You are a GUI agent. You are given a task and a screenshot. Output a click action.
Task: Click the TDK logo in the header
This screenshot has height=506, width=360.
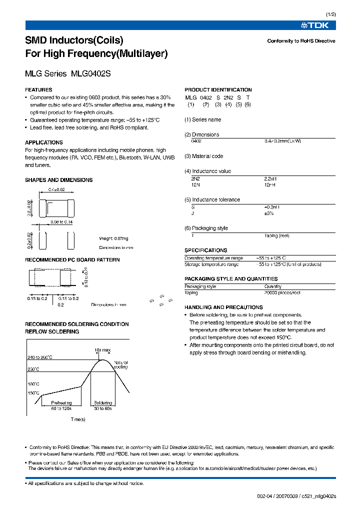[x=318, y=25]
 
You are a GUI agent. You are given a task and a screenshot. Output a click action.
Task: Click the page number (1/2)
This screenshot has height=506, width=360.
[x=331, y=15]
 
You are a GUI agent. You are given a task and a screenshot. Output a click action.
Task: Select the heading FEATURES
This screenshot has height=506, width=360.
[x=38, y=89]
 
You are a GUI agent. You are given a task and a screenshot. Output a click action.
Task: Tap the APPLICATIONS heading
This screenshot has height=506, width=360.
[x=43, y=142]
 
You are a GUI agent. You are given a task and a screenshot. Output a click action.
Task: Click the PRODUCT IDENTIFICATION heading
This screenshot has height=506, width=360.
[x=218, y=89]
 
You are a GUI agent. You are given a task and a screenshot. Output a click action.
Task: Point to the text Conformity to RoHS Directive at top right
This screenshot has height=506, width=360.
[x=301, y=41]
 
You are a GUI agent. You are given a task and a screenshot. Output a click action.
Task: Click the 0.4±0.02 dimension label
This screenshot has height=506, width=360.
[x=56, y=189]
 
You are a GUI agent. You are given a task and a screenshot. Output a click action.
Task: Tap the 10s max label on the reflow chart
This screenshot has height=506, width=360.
[x=102, y=349]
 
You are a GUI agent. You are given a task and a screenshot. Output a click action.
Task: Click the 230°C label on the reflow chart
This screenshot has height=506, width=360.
[x=34, y=369]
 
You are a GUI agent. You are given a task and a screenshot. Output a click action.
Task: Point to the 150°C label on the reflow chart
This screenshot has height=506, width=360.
[x=34, y=393]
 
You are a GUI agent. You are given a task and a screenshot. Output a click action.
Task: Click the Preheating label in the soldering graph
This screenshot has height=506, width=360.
[x=61, y=402]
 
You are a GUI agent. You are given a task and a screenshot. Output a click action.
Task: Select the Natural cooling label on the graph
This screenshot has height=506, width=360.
[x=120, y=364]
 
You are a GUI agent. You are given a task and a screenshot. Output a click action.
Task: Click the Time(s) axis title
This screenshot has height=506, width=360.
[x=78, y=419]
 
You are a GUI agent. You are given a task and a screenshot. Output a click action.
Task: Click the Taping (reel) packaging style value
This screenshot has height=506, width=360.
[x=276, y=235]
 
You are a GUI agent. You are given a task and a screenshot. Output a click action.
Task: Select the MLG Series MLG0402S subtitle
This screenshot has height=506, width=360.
[x=67, y=73]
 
